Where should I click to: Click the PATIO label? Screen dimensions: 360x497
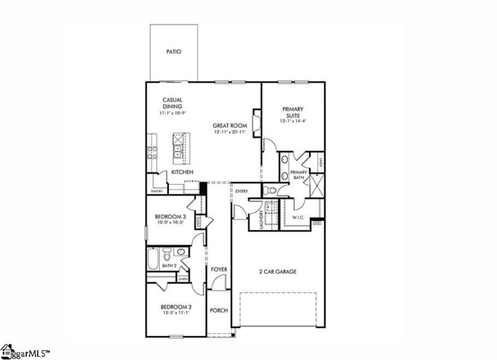pyautogui.click(x=174, y=52)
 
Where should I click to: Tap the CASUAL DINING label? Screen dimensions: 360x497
pyautogui.click(x=172, y=103)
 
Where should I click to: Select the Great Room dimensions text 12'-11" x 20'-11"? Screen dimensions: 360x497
pyautogui.click(x=230, y=132)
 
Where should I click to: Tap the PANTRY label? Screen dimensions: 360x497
pyautogui.click(x=156, y=192)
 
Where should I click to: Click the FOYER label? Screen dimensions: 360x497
pyautogui.click(x=218, y=269)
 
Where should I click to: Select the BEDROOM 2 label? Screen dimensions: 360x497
pyautogui.click(x=176, y=307)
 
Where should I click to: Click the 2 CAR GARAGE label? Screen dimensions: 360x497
pyautogui.click(x=277, y=272)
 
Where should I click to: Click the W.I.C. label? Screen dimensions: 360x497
pyautogui.click(x=298, y=218)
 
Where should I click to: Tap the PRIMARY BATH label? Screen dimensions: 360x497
pyautogui.click(x=299, y=175)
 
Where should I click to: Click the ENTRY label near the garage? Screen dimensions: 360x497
pyautogui.click(x=242, y=191)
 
